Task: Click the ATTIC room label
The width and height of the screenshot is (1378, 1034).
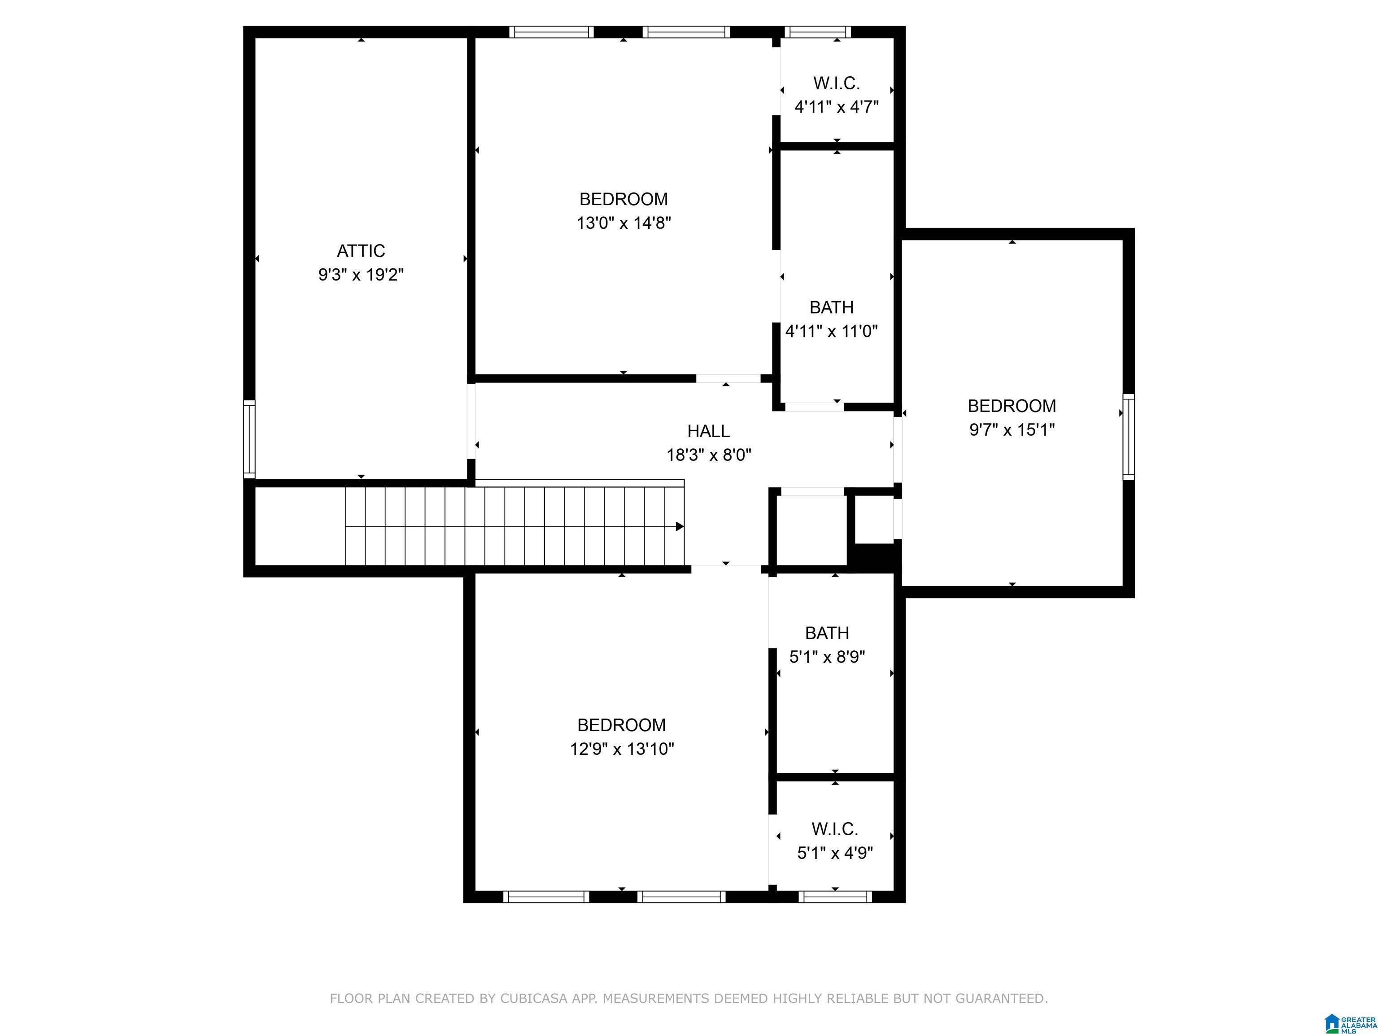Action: click(361, 250)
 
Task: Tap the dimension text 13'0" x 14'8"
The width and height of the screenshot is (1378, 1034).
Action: click(624, 223)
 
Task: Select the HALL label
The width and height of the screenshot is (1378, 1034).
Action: click(708, 431)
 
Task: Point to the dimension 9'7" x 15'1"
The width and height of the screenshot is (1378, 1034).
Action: click(1012, 429)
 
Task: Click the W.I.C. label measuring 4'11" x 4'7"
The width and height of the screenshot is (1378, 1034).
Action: click(836, 83)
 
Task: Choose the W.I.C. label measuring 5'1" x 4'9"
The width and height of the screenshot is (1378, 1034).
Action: click(835, 829)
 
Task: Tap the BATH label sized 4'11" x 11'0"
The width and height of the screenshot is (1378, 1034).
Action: click(831, 307)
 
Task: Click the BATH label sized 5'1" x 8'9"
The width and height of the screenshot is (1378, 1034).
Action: click(827, 633)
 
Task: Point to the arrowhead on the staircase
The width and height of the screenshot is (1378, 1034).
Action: click(680, 527)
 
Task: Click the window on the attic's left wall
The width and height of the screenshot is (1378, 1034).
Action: click(249, 439)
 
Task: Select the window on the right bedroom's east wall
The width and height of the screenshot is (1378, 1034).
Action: click(1128, 436)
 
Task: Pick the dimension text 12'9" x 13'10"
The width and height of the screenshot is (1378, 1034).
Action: click(622, 749)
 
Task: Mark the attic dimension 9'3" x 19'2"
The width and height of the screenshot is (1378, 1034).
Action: click(361, 274)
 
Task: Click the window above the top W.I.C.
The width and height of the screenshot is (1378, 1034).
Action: click(817, 32)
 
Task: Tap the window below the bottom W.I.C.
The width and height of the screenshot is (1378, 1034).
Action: click(835, 897)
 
